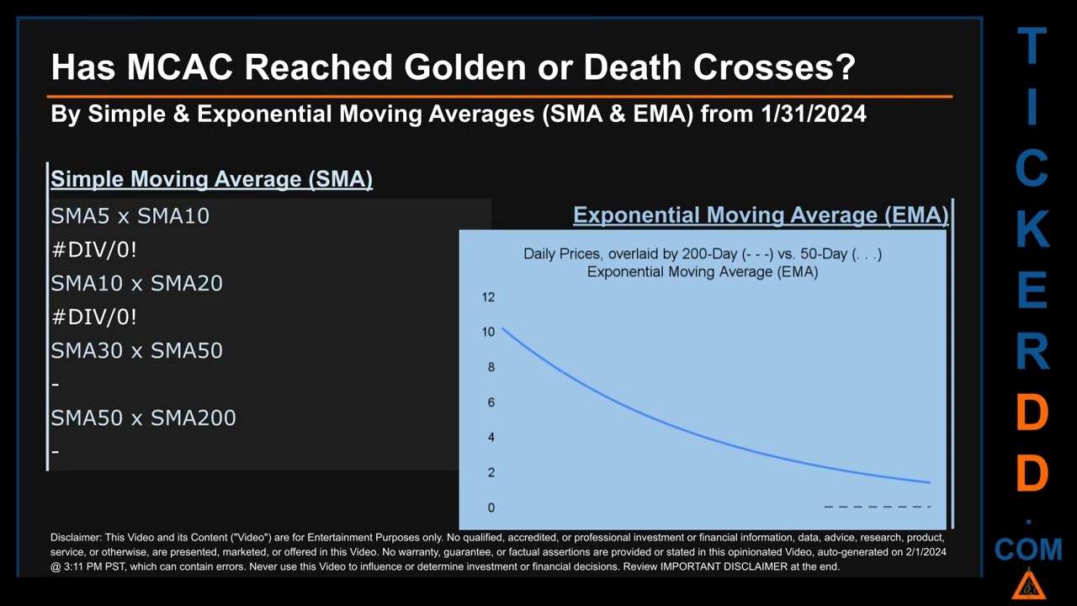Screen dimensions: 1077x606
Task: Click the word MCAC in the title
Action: coord(180,66)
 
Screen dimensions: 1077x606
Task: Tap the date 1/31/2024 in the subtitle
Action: coord(814,114)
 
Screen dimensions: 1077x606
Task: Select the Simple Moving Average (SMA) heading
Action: coord(211,179)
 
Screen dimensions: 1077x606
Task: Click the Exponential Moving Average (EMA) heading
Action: coord(761,215)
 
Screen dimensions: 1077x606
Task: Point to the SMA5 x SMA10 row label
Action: coord(130,216)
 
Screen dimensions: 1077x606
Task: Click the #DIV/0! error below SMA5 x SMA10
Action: coord(93,250)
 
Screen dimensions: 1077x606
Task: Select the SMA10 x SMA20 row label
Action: coord(136,284)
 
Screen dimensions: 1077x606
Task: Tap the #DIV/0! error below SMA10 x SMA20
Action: coord(93,317)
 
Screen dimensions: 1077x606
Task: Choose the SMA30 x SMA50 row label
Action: coord(136,351)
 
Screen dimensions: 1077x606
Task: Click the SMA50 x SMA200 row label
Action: coord(143,418)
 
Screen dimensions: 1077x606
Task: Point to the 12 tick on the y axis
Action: coord(488,297)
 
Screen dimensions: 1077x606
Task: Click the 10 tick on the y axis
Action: coord(488,332)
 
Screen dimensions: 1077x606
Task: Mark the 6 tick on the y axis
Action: coord(491,402)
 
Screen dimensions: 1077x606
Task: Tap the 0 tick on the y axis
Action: coord(491,508)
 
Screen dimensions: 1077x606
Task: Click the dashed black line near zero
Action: coord(878,507)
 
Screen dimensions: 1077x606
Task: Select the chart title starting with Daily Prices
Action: coord(703,263)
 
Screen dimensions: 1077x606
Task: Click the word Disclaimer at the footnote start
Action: coord(76,537)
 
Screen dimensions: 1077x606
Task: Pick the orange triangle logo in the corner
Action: coord(1028,585)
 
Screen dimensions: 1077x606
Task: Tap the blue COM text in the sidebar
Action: coord(1028,550)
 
